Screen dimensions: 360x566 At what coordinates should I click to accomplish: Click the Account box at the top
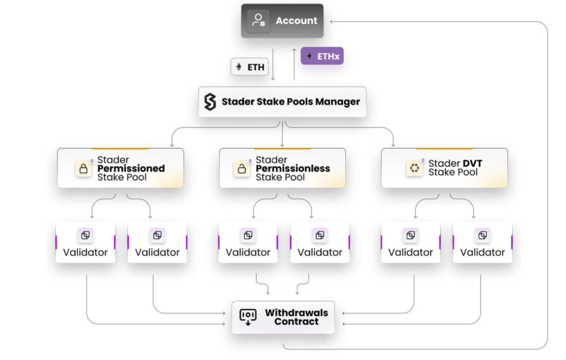tap(282, 21)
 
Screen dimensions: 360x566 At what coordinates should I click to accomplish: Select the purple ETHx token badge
tap(322, 55)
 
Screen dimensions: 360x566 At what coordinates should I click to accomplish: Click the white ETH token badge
tap(249, 66)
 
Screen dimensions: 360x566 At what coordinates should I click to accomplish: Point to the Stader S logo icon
tap(209, 102)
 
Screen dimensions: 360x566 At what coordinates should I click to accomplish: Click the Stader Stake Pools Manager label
tap(291, 102)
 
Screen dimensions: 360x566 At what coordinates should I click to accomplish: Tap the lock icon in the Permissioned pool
tap(83, 169)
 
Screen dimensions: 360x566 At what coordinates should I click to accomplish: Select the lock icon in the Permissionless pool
tap(242, 169)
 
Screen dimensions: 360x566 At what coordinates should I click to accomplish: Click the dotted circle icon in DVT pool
tap(414, 168)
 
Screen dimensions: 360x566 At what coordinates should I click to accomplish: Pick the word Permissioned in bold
tap(131, 168)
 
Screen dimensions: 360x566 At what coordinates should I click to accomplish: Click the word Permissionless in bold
tap(292, 168)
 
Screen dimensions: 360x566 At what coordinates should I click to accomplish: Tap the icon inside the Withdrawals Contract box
tap(248, 317)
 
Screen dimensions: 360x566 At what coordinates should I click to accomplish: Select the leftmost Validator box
tap(86, 243)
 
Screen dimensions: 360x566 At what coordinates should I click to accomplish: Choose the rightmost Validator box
tap(483, 243)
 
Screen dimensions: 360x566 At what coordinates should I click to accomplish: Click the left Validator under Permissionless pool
tap(248, 243)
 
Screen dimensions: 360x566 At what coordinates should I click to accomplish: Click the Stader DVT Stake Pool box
tap(444, 168)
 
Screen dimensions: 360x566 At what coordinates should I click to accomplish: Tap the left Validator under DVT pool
tap(410, 243)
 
